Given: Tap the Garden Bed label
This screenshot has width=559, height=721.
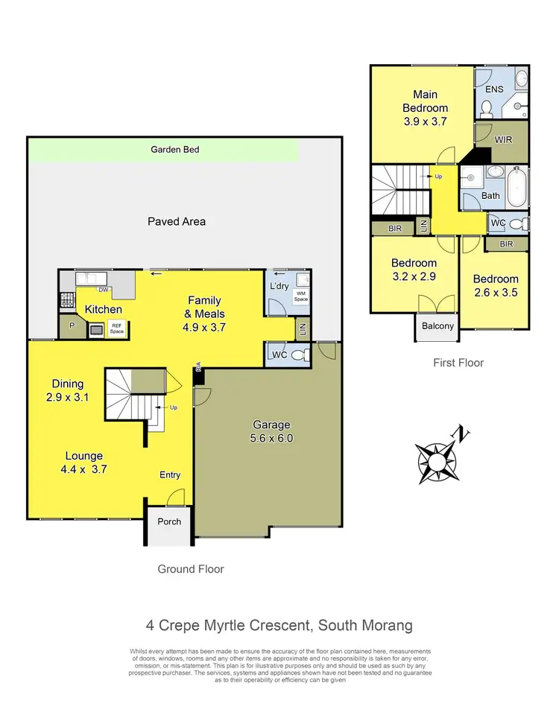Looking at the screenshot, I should point(175,150).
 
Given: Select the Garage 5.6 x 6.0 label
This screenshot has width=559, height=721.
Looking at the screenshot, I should point(272,431).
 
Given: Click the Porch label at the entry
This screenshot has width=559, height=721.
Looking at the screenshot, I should point(169,521).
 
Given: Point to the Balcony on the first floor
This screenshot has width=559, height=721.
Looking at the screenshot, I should point(437,326).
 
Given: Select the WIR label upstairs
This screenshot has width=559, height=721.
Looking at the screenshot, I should point(503,139).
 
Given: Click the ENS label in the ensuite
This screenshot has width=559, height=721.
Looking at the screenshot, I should point(494,89).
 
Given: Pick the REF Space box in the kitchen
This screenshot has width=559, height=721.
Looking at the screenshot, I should point(116,328).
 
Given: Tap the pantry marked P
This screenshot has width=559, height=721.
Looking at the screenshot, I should point(72,326).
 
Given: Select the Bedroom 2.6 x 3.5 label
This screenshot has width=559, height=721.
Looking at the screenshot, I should point(495,286).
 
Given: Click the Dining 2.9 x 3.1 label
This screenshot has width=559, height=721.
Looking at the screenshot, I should point(67,391).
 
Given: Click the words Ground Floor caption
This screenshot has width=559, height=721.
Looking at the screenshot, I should point(190,569).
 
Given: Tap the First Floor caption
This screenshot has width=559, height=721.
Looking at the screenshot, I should point(458,363).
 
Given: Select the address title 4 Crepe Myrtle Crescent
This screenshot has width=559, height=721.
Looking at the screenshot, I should point(279,625).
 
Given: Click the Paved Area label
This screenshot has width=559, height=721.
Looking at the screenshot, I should point(176,221).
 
